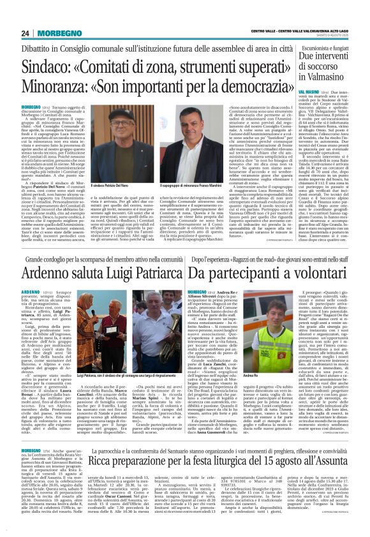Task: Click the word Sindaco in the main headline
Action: click(x=45, y=66)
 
